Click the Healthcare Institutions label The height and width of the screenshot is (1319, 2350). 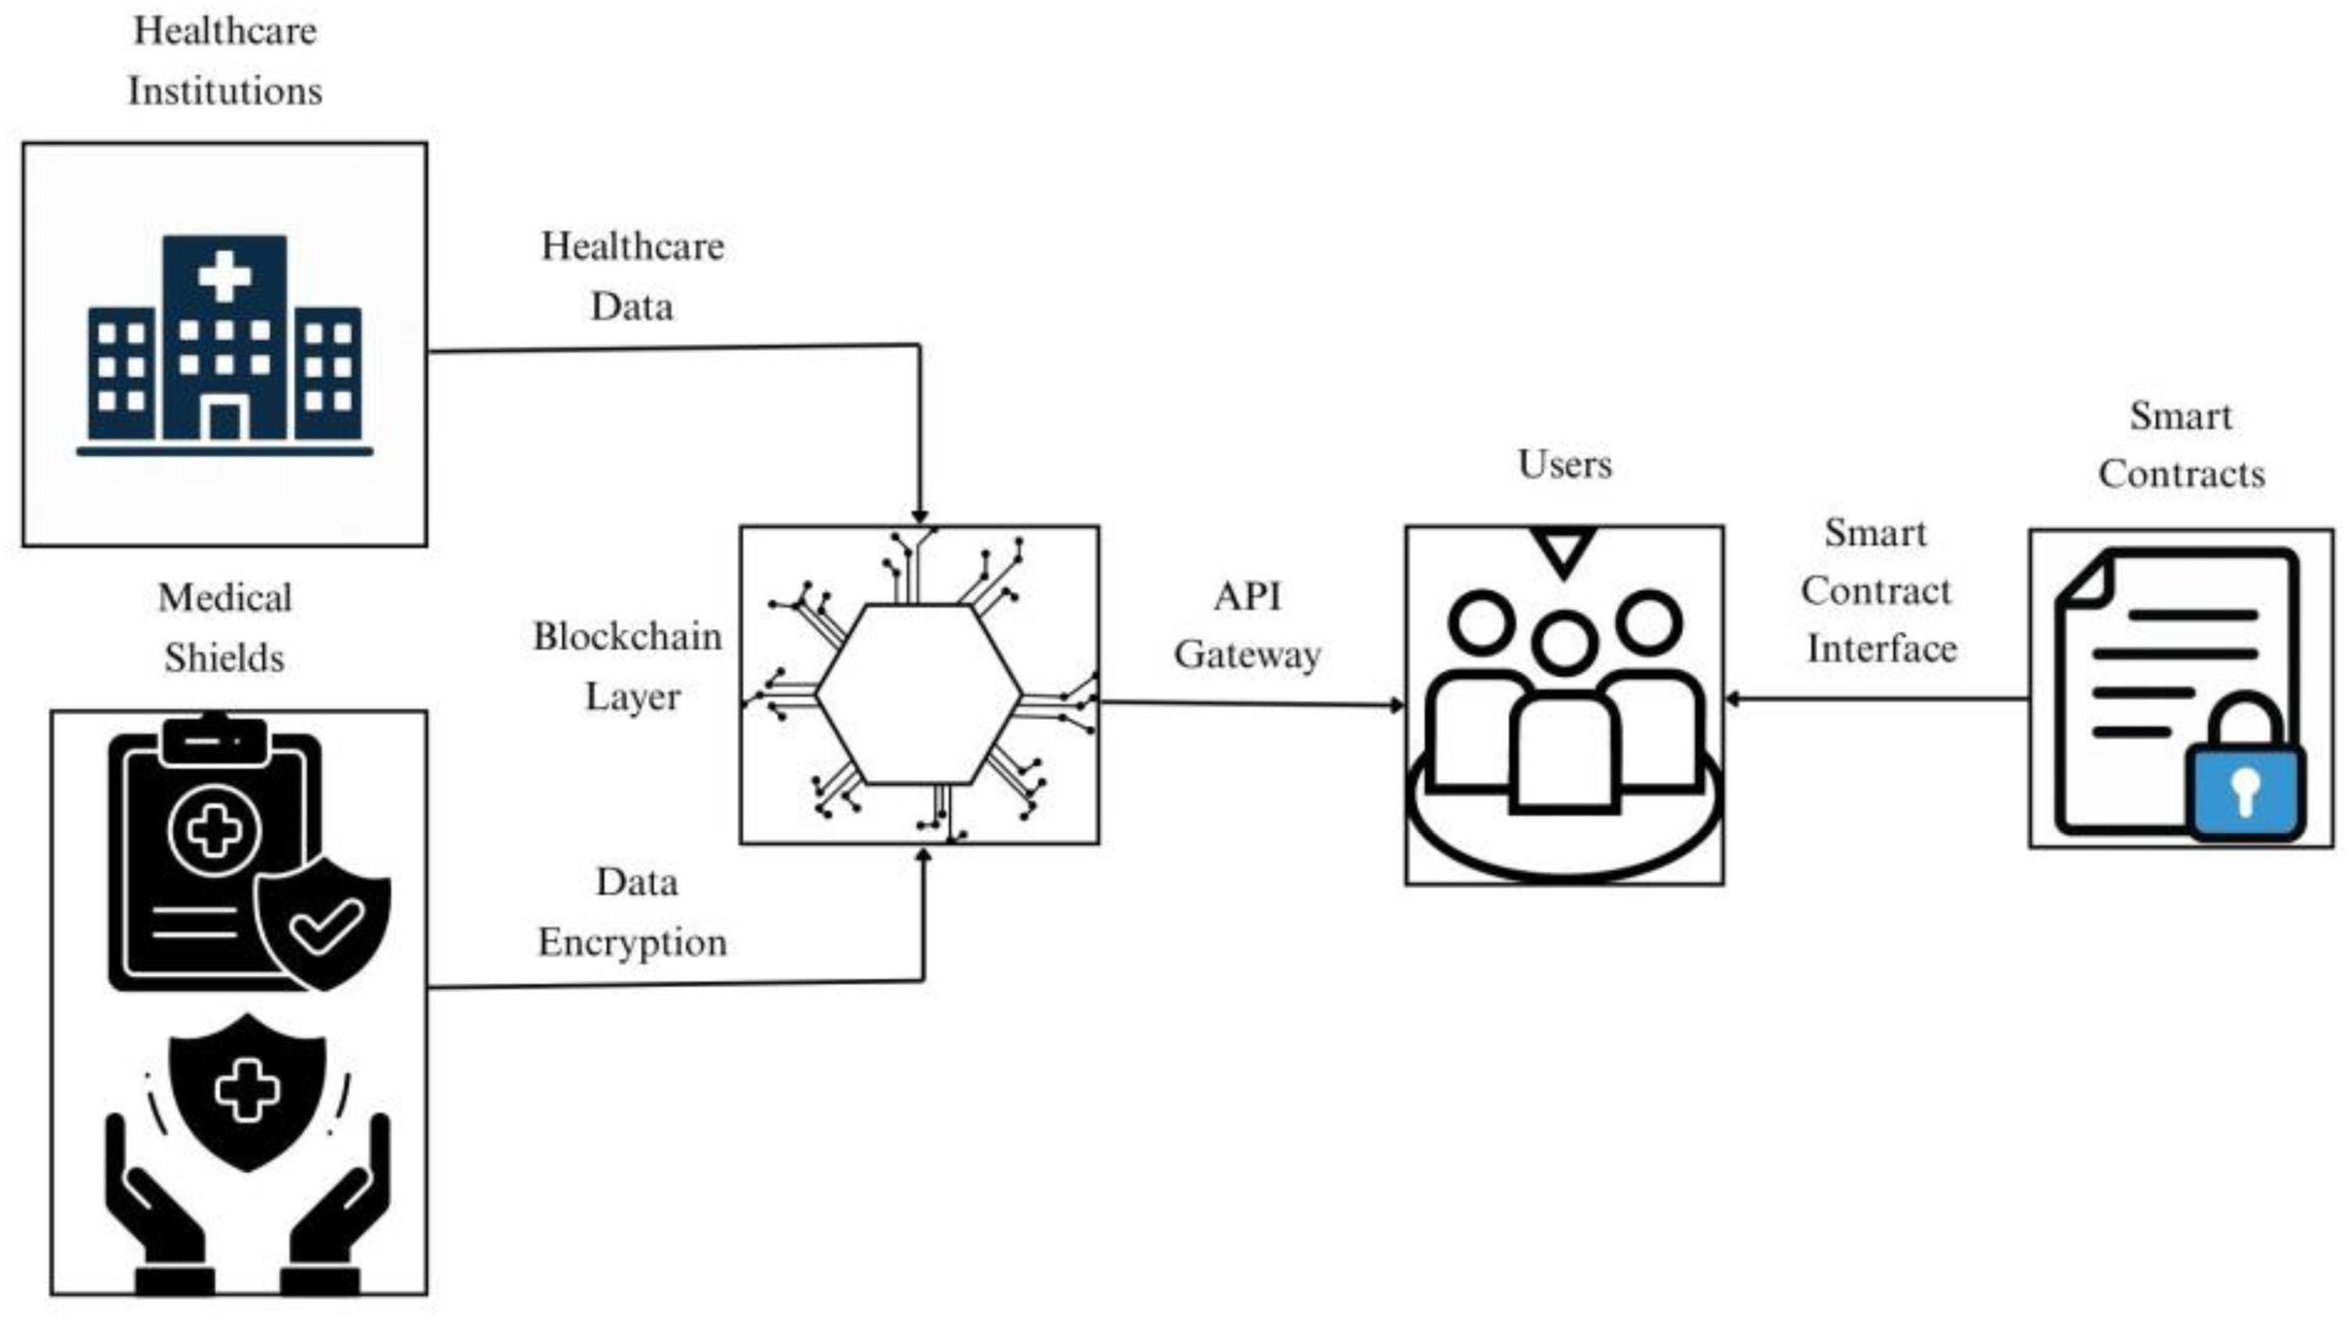224,61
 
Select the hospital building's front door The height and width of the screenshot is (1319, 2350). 224,421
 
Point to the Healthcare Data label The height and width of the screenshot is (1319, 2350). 632,276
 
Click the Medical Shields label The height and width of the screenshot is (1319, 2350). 224,627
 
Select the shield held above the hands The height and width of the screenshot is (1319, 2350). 248,1090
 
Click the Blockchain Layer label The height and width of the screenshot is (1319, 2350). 628,666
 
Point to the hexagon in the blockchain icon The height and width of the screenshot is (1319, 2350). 919,693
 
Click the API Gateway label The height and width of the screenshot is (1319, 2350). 1247,626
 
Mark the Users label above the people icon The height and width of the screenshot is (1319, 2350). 1564,464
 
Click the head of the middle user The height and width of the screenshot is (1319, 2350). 1564,642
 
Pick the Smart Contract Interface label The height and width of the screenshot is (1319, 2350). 1879,591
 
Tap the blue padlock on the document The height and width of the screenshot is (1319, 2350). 2244,789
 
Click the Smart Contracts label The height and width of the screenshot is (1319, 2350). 2182,445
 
